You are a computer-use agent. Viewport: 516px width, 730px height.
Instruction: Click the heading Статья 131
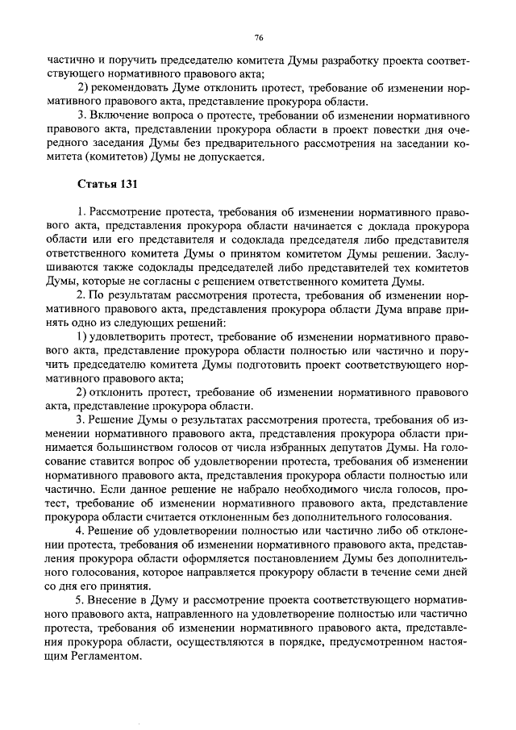(107, 186)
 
